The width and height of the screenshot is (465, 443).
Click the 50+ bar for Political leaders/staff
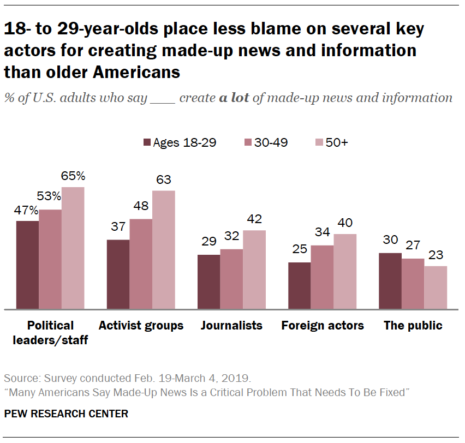tap(73, 248)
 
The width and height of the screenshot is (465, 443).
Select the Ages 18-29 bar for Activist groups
tap(118, 274)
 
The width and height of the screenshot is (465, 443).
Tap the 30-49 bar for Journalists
tap(231, 279)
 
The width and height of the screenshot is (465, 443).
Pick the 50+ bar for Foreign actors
tap(345, 272)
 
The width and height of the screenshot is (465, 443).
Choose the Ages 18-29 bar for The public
tap(390, 281)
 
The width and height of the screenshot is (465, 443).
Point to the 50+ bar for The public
tap(436, 288)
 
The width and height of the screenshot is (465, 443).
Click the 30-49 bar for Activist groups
tap(141, 264)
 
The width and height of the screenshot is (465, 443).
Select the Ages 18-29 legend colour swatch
tap(147, 143)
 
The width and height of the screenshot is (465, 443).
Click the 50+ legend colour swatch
tap(319, 143)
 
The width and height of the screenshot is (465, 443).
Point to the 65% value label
tap(73, 176)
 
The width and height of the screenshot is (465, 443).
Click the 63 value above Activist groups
tap(164, 180)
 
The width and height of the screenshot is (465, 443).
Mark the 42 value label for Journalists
tap(254, 219)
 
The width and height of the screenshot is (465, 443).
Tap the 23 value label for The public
tap(436, 255)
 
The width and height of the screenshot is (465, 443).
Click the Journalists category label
tap(231, 326)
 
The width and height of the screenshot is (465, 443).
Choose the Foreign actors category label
tap(323, 326)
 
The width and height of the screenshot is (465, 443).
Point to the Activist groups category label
tap(141, 326)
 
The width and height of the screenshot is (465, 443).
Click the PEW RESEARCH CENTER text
tap(66, 414)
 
